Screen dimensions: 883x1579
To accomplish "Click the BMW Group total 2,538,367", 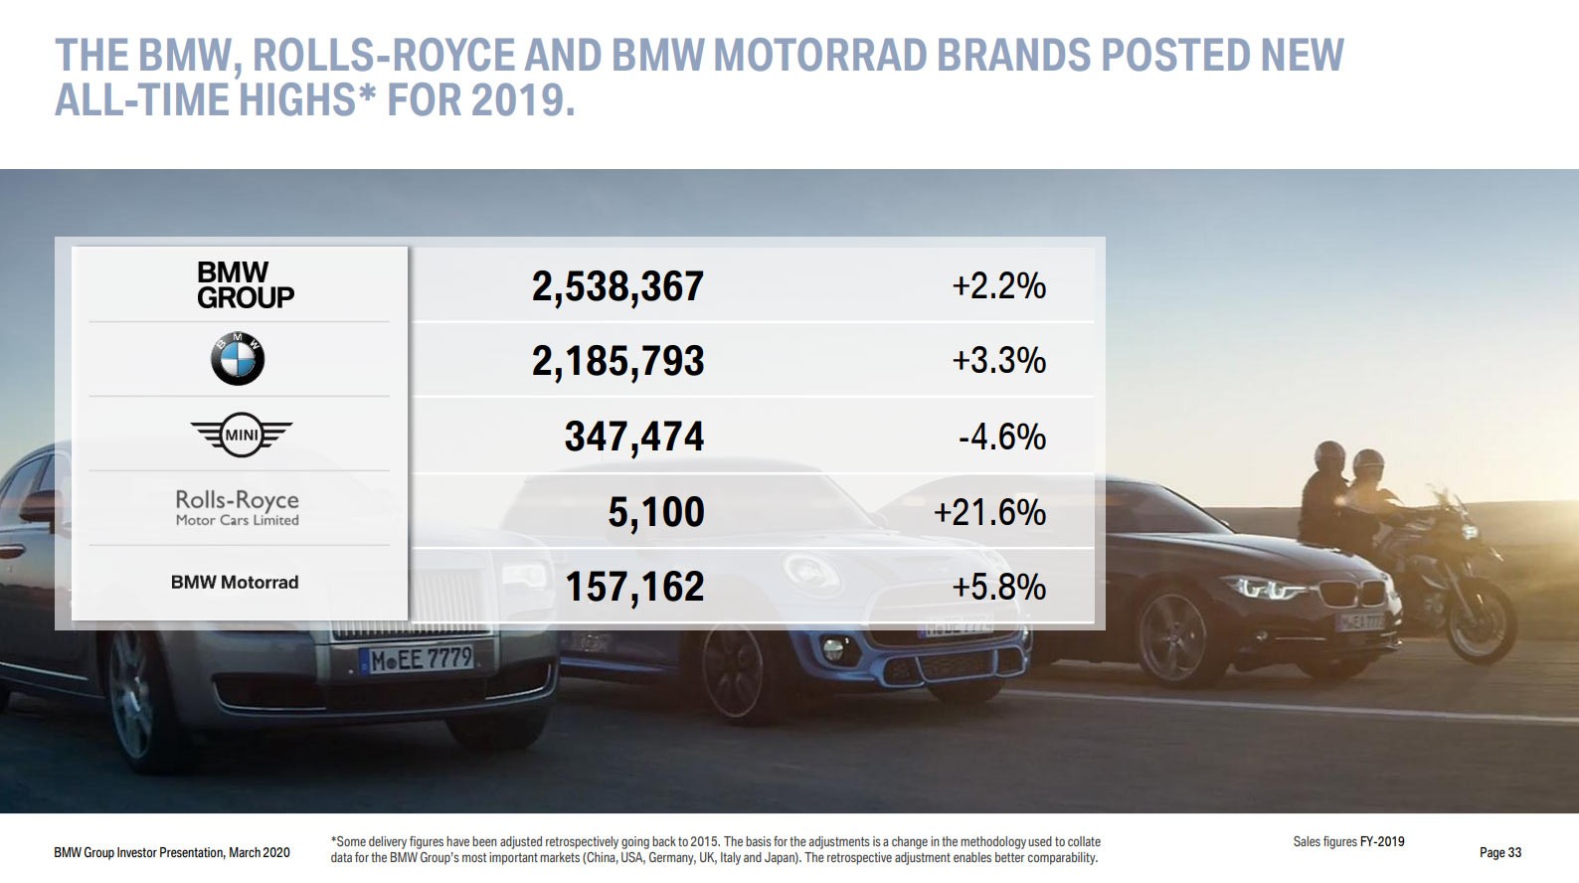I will (617, 286).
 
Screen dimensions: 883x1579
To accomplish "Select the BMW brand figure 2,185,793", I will (617, 361).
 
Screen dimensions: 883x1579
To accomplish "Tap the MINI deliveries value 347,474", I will (633, 437).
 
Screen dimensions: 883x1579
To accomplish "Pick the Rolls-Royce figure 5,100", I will (656, 512).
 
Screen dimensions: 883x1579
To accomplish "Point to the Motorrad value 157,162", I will (634, 587).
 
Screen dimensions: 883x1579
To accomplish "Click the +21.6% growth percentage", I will (989, 512).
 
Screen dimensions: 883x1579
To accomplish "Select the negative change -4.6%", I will (1001, 437).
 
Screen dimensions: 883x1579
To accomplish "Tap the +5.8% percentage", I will (998, 587).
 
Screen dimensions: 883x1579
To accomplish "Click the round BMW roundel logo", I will (238, 359).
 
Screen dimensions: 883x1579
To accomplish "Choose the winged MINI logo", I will (241, 435).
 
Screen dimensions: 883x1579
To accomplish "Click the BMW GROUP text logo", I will (245, 285).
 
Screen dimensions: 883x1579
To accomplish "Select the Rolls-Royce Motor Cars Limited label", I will (237, 507).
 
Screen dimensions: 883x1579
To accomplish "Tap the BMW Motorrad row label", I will (235, 583).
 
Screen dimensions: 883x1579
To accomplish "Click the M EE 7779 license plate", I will (421, 658).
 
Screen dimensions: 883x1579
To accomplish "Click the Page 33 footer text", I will (1499, 852).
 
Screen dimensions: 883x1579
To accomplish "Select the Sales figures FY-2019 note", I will (1348, 841).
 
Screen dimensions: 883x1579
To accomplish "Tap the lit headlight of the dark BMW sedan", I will (1268, 590).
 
